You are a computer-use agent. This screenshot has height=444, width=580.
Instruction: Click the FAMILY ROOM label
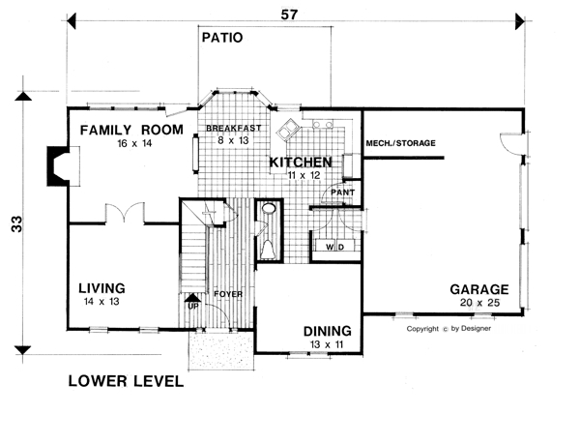pos(131,130)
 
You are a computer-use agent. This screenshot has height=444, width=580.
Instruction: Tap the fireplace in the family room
pos(63,166)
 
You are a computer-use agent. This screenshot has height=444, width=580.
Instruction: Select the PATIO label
pos(222,38)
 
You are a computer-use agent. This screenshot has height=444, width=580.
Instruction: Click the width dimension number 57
pos(289,15)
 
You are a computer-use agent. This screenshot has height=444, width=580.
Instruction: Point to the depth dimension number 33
pos(17,223)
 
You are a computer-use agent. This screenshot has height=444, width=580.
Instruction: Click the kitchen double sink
pos(287,129)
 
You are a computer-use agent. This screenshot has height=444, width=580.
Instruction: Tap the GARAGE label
pos(479,289)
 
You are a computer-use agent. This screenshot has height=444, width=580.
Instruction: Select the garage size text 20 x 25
pos(479,303)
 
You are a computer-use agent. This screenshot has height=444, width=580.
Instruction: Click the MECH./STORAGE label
pos(400,143)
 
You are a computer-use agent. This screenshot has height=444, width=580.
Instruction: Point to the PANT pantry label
pos(343,192)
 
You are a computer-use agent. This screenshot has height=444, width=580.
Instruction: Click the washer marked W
pos(329,247)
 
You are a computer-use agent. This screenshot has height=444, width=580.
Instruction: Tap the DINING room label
pos(328,331)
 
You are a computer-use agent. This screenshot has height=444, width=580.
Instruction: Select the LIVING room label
pos(101,288)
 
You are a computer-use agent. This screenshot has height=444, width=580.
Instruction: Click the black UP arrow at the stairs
pos(192,298)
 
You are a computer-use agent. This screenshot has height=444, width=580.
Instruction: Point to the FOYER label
pos(228,294)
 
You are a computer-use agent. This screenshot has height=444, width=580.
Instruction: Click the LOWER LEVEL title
pos(126,381)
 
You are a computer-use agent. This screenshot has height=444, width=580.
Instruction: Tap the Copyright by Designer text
pos(449,329)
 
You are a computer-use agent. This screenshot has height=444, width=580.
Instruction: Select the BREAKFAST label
pos(233,128)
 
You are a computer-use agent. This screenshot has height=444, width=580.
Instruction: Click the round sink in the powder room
pos(269,208)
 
